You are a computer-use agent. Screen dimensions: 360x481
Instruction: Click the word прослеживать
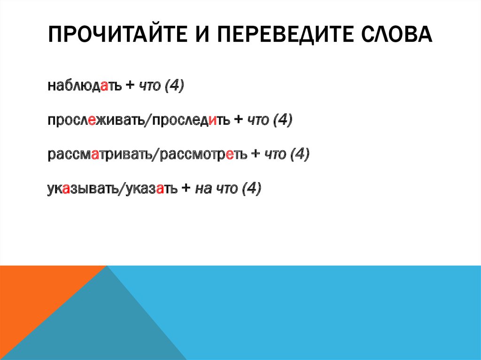point(96,121)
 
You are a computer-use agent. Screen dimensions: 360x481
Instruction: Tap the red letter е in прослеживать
point(93,121)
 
